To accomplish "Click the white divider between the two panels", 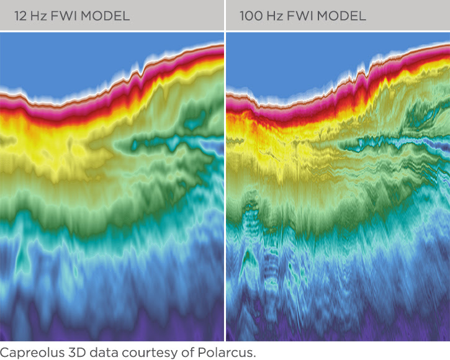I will [x=224, y=186].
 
